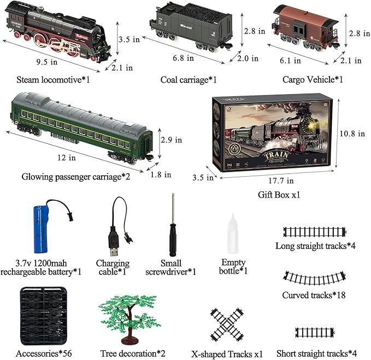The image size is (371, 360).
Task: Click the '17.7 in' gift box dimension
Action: tap(279, 180)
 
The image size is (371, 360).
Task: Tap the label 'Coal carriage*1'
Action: tap(189, 80)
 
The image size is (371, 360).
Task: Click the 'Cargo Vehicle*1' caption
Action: tap(313, 80)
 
